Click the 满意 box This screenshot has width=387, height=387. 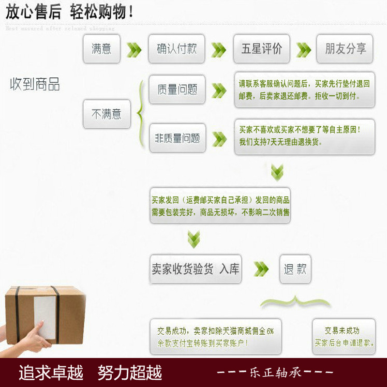[102, 48]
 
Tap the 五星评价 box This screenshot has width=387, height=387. [262, 48]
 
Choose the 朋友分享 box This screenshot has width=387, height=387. [345, 48]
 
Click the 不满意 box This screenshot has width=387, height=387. [106, 114]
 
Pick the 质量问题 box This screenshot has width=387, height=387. [177, 89]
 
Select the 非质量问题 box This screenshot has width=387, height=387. [177, 138]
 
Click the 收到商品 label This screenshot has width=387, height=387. [35, 84]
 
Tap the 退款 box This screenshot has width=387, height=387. [295, 269]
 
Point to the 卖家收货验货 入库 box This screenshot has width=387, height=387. [195, 269]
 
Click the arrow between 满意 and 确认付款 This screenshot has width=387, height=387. [134, 49]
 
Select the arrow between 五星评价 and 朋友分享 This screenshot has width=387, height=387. [303, 49]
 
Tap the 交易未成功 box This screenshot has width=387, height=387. [343, 336]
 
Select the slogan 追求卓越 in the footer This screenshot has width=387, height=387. [51, 372]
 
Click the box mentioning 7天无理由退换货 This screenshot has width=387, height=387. [304, 136]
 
